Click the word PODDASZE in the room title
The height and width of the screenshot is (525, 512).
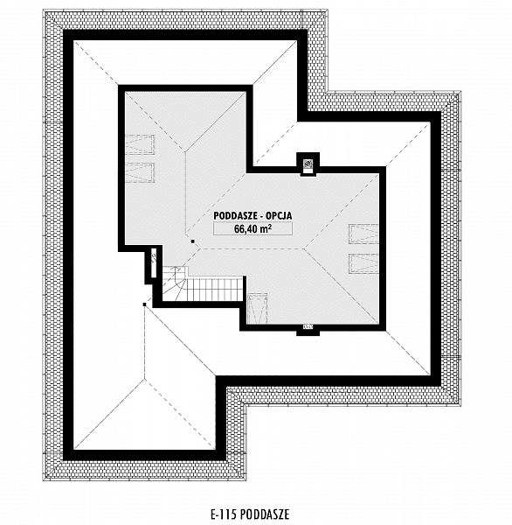click(x=235, y=215)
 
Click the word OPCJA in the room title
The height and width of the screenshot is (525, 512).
click(x=279, y=215)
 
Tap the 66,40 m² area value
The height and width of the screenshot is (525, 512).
click(x=253, y=228)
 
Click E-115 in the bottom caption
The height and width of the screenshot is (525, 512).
click(x=224, y=514)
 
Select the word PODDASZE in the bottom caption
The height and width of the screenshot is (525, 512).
click(x=265, y=514)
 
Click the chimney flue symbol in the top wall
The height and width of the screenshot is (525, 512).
click(x=308, y=164)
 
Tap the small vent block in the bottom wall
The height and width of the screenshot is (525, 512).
click(x=308, y=326)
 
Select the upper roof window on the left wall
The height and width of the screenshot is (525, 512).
click(x=140, y=144)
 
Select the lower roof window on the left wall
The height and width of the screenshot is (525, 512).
click(x=140, y=172)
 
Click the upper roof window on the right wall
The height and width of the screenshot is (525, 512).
click(x=364, y=234)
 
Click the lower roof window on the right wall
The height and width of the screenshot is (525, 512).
click(x=364, y=263)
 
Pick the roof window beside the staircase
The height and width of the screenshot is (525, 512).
click(x=257, y=309)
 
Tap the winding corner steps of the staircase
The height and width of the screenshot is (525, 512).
click(x=175, y=283)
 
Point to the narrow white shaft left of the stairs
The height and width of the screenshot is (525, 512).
click(x=154, y=263)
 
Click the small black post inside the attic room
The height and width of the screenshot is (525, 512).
click(x=192, y=241)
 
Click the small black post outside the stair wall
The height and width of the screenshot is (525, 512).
click(x=144, y=304)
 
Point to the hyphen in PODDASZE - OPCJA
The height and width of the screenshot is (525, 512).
click(x=262, y=216)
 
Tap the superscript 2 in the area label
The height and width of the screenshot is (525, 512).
click(x=269, y=226)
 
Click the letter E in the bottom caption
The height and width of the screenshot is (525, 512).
click(x=213, y=514)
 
